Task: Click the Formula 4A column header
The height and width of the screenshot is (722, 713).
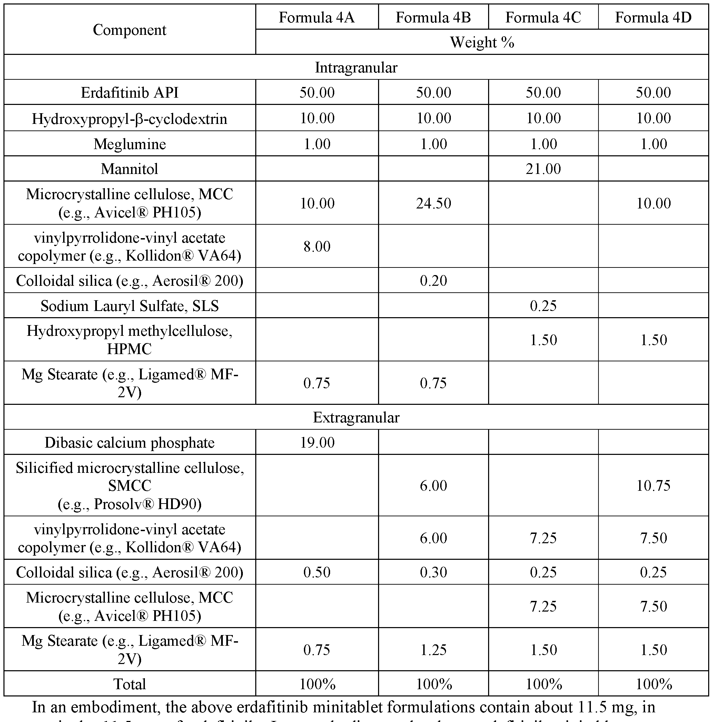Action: coord(316,18)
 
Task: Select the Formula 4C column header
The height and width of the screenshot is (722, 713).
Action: coord(543,18)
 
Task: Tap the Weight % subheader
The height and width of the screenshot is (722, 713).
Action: coord(482,42)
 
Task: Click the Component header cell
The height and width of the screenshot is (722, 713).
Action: coord(129,30)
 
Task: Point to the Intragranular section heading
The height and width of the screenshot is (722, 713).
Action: coord(356,68)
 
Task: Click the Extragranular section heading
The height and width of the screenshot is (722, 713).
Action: coord(356,418)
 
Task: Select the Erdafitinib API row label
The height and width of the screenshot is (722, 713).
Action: coord(129,92)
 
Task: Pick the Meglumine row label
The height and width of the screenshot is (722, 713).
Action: coord(129,144)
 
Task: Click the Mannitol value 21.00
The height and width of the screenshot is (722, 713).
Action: coord(543,169)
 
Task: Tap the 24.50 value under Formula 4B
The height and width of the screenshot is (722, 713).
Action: coord(433,203)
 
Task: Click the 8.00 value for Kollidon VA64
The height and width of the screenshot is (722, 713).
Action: coord(317,247)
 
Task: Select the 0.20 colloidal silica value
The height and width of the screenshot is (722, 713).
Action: coord(433,281)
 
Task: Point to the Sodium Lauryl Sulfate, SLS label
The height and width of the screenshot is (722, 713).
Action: coord(129,306)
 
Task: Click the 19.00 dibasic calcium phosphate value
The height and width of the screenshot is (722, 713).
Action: coord(317,442)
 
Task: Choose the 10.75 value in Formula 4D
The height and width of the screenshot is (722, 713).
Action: coord(653,486)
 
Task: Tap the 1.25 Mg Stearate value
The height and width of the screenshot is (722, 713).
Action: coord(433,650)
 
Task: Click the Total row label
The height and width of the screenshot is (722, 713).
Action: coord(129,684)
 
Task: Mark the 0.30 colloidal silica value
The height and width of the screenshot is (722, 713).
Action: coord(433,572)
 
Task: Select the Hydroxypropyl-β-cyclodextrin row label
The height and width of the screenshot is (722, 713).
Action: coord(129,119)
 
